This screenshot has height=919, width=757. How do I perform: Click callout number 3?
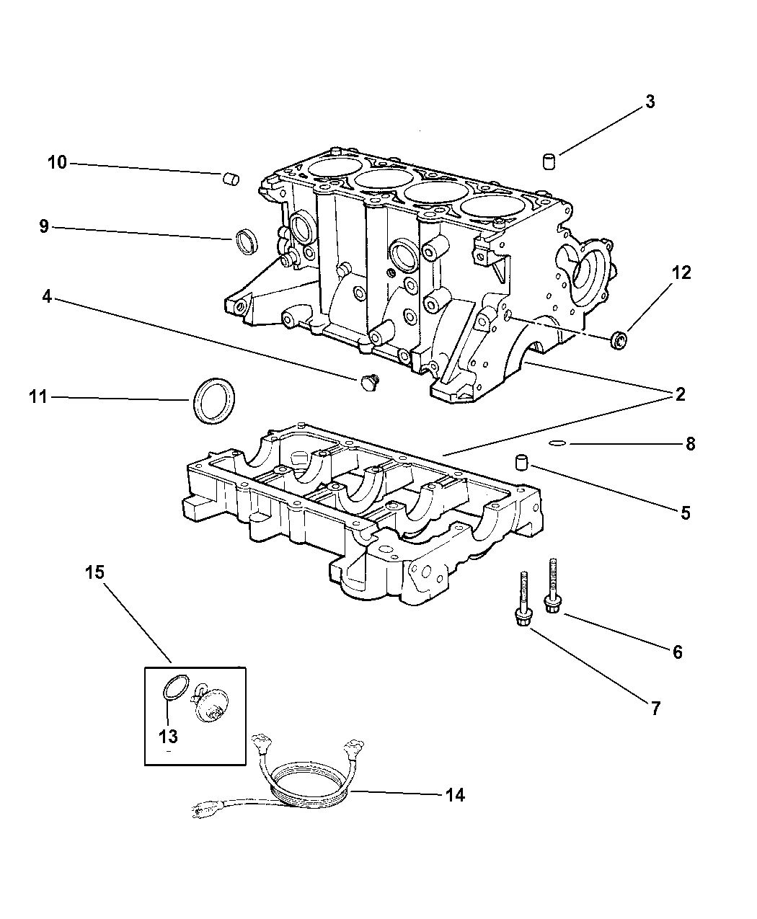click(650, 102)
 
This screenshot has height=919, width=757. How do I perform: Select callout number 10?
click(57, 163)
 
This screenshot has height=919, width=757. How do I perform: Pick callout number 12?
click(681, 272)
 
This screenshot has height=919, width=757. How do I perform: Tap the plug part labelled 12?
click(619, 340)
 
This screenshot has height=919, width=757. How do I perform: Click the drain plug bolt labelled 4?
click(368, 382)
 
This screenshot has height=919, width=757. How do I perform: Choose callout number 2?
click(679, 394)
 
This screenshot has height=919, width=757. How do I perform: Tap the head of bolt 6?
click(552, 606)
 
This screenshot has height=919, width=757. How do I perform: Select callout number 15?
click(95, 573)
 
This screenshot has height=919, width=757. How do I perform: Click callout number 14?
click(455, 795)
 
